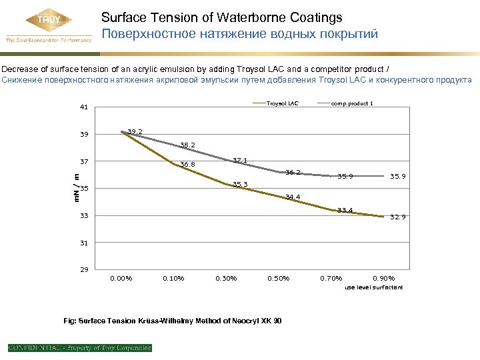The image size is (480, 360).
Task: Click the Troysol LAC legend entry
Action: click(283, 103)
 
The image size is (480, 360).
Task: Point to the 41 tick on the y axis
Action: click(83, 107)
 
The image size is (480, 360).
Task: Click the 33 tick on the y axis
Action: click(83, 215)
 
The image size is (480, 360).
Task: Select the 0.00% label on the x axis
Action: click(121, 278)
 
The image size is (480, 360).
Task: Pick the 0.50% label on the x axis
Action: click(279, 278)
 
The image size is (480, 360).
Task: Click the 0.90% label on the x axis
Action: click(384, 278)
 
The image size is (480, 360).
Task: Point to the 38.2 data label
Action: click(187, 145)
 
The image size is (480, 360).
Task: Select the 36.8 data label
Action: click(187, 165)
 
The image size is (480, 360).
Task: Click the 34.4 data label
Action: click(293, 197)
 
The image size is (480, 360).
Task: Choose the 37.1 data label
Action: click(240, 160)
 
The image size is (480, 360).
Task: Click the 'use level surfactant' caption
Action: click(374, 287)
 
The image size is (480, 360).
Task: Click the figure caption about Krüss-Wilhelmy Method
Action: click(172, 321)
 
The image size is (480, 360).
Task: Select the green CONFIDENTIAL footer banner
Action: click(80, 347)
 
